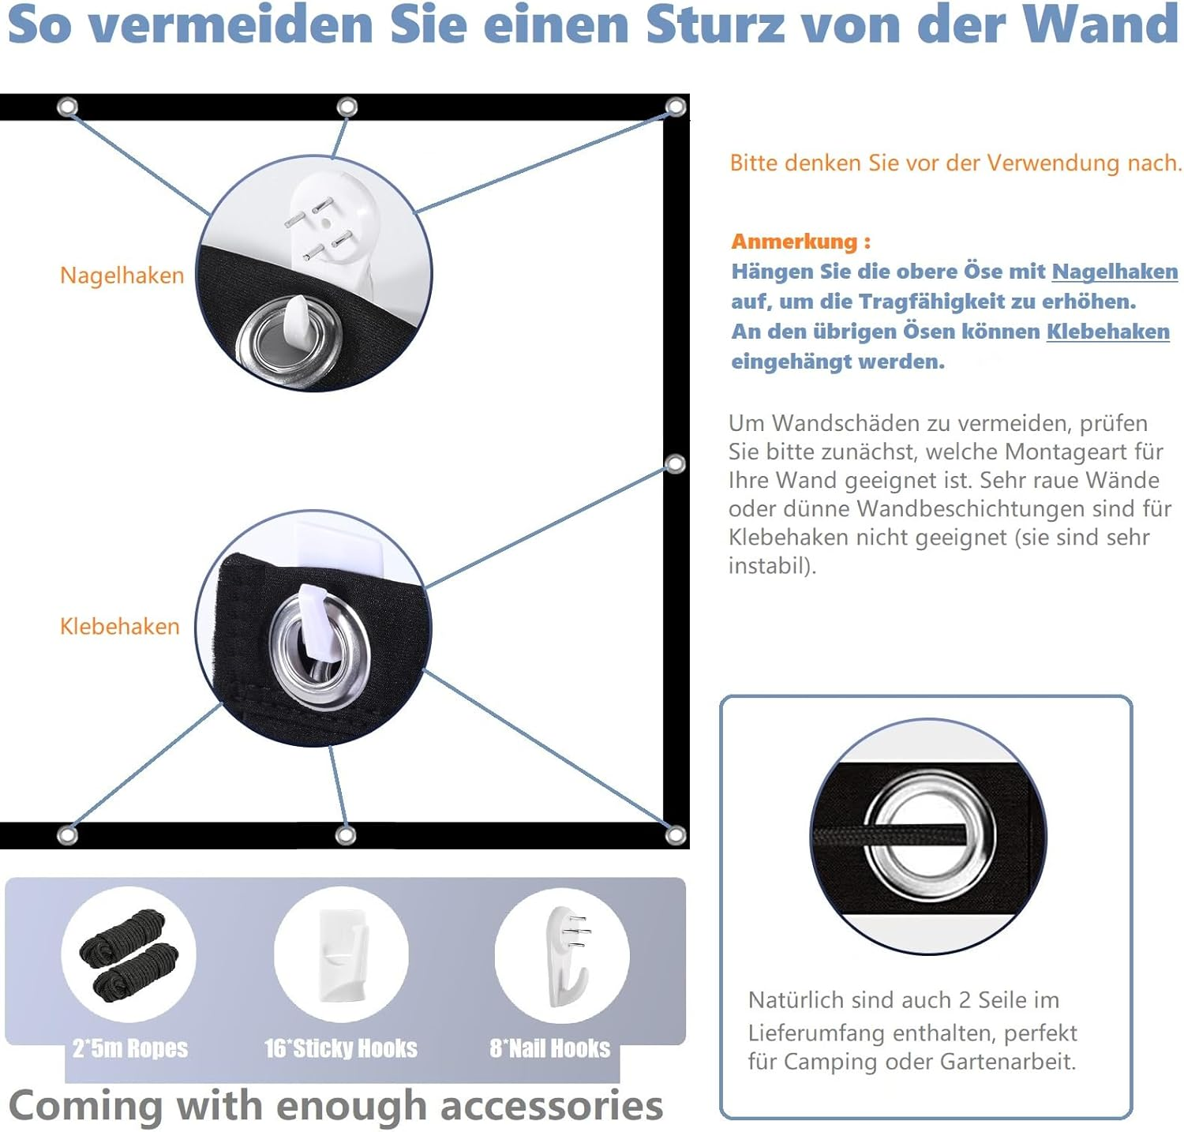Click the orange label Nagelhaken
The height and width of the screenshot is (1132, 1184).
tap(122, 275)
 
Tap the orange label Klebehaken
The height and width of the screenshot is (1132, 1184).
tap(120, 626)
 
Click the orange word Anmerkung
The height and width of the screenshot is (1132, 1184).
tap(794, 242)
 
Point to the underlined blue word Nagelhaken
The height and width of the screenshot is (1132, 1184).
tap(1115, 272)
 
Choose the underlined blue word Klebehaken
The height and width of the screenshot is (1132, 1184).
tap(1108, 332)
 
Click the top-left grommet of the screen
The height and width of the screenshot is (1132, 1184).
tap(68, 107)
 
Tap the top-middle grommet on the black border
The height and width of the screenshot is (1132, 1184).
tap(347, 107)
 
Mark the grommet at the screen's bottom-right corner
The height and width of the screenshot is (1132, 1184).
tap(676, 834)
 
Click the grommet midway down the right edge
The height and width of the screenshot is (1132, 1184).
tap(676, 463)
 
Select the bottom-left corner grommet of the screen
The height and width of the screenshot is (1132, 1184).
tap(68, 834)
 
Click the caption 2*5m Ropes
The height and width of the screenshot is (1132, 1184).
tap(130, 1048)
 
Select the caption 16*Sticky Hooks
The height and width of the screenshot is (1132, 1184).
tap(341, 1048)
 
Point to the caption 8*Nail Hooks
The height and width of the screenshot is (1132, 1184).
tap(550, 1048)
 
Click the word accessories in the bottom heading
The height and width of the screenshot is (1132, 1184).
tap(552, 1106)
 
